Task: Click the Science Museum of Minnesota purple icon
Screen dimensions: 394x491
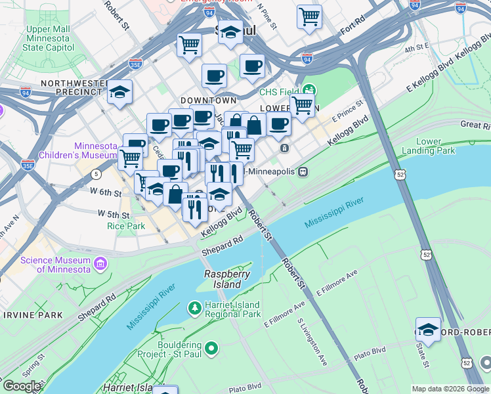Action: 100,264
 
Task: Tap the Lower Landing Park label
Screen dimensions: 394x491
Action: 436,146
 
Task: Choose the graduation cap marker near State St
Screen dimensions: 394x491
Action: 428,330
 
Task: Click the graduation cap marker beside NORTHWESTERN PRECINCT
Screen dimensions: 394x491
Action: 119,93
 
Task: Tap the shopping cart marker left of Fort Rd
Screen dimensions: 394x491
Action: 309,16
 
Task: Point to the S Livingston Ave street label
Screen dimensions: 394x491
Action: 313,341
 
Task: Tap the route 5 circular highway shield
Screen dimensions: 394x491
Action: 96,174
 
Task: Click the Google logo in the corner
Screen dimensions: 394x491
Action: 21,386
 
